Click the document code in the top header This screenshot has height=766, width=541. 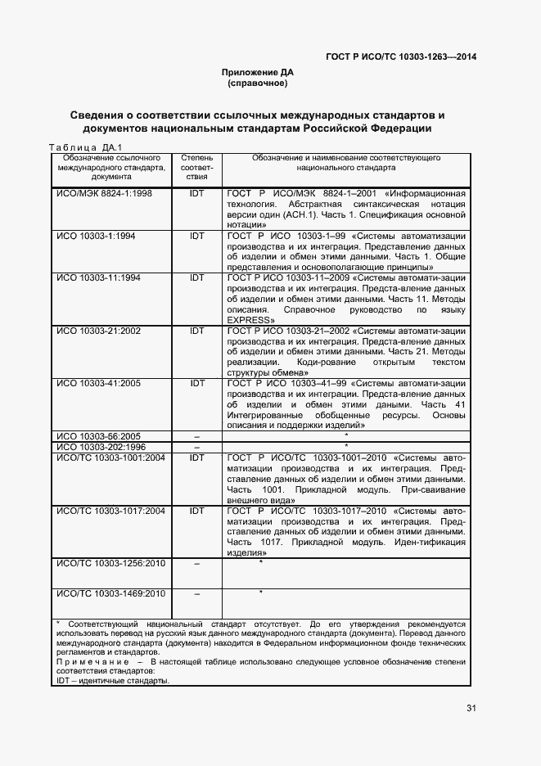401,57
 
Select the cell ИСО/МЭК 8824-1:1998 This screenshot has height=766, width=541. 103,192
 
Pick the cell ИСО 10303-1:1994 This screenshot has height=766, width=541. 95,236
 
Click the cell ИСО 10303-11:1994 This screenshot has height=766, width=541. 98,278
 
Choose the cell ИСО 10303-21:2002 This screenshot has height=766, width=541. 98,331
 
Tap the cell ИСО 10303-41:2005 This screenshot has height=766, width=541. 98,383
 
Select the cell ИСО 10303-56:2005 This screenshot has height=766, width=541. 98,436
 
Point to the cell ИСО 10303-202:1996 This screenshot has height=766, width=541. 101,447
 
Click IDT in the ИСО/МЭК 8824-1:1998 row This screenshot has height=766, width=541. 196,192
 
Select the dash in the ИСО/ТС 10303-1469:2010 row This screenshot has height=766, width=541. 196,593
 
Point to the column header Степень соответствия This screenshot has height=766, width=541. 196,166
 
